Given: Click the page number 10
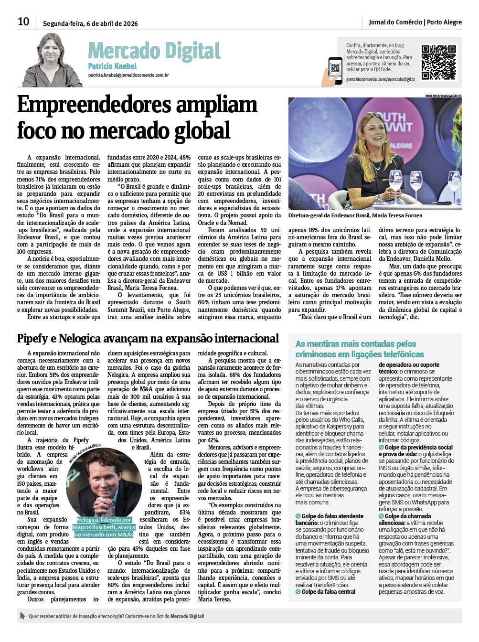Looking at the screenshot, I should point(23,21).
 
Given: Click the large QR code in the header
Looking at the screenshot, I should point(438,63).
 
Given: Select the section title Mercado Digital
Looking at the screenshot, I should point(154,51).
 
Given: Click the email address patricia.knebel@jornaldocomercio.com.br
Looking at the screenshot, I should point(128,75).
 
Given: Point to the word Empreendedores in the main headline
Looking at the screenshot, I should point(137,105).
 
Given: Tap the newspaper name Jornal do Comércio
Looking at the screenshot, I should point(395,22).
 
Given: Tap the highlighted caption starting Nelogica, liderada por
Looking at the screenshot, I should point(104,527).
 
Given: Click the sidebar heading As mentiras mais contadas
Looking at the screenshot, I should point(356,344).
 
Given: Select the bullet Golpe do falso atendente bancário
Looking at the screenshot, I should point(329,520).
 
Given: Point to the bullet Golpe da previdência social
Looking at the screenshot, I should point(418,448).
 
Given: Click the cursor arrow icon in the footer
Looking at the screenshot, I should point(22,616).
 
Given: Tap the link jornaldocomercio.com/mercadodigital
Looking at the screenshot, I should point(380,79).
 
